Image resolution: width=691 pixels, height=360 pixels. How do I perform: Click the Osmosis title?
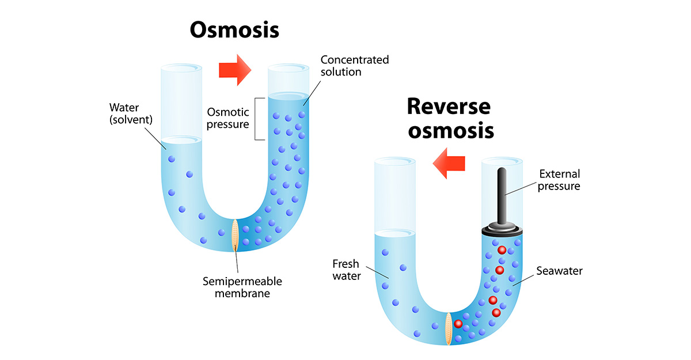coord(234,29)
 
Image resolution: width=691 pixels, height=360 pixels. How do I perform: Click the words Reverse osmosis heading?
coord(450,118)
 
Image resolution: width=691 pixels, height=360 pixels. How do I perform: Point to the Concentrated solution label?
coord(354,66)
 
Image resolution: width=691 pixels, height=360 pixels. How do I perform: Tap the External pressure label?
coord(559,180)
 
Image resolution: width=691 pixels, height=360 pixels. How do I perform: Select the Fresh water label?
coord(347,270)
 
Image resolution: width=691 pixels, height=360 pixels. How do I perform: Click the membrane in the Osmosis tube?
coord(234,235)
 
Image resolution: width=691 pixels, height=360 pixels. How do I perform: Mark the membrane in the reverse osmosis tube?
coord(448,328)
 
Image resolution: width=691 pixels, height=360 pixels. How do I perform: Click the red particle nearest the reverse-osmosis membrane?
coord(458,324)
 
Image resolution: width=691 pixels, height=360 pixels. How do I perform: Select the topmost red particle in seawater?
coord(502,250)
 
